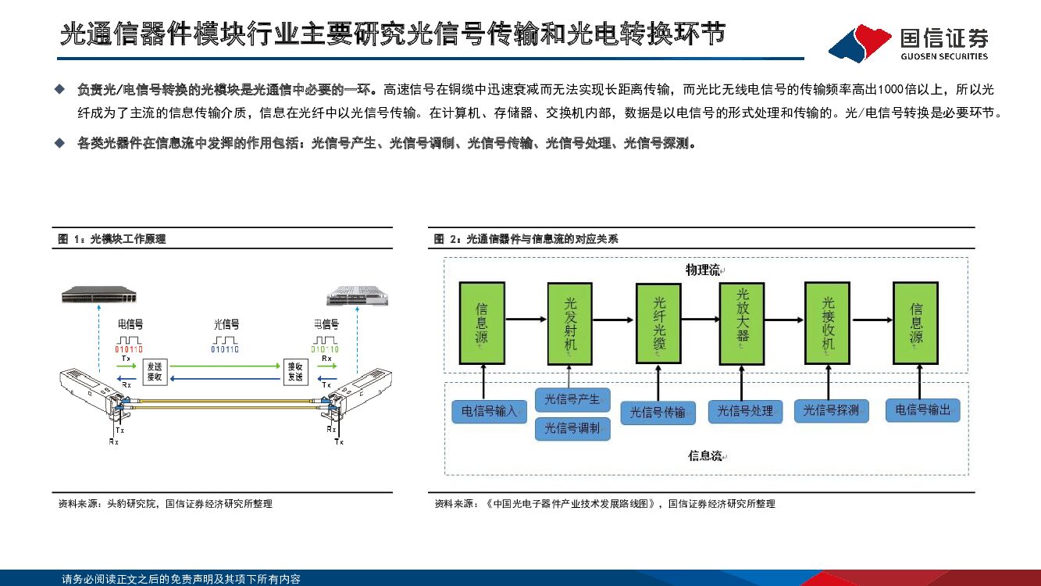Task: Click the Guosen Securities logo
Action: tap(909, 42)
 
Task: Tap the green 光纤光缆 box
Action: tap(658, 322)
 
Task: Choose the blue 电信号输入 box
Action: tap(489, 411)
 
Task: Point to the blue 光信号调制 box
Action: tap(572, 428)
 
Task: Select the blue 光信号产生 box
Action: tap(572, 400)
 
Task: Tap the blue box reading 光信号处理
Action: tap(745, 411)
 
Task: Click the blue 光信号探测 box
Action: tap(831, 410)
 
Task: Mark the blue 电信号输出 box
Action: tap(922, 409)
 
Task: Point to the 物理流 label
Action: tap(702, 270)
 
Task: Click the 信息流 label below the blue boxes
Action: tap(704, 456)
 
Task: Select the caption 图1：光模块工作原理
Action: tap(112, 239)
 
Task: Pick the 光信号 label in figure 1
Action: tap(226, 324)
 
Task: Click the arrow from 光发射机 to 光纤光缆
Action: tap(615, 320)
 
